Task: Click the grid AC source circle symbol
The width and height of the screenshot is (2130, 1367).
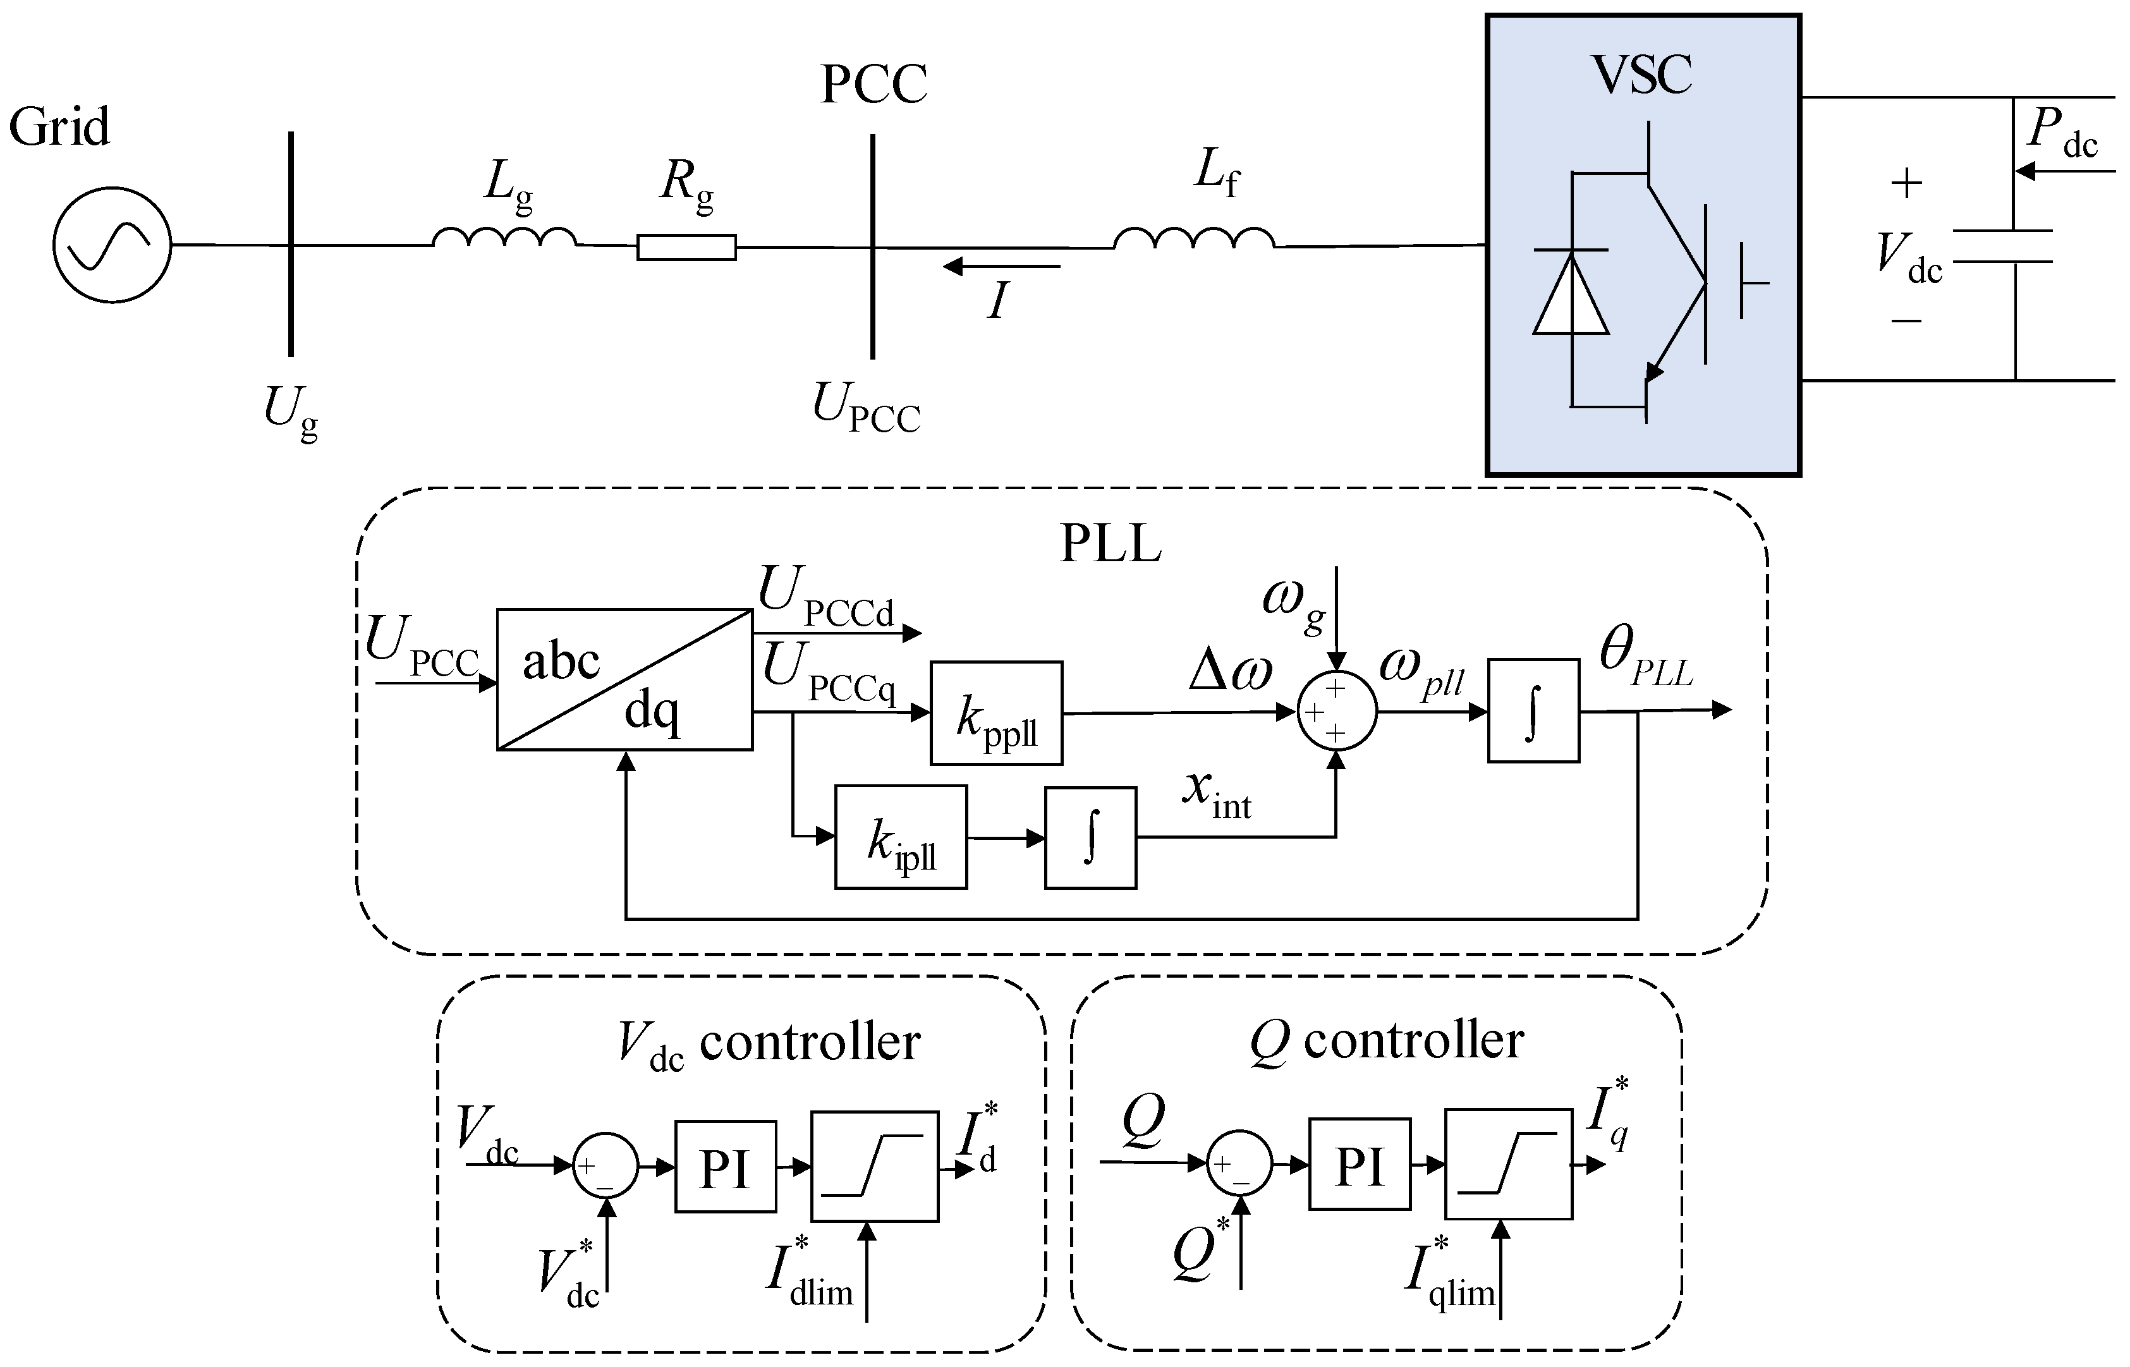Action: (112, 245)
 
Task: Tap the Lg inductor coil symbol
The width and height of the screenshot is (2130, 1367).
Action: (504, 237)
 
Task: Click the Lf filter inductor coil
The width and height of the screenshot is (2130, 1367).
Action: (1194, 238)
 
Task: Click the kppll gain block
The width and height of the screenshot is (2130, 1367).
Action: (995, 713)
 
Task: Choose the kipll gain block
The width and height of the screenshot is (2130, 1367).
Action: (900, 836)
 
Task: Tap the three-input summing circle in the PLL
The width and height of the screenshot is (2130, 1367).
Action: (1337, 711)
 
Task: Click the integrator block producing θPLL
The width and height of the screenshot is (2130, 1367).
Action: (1533, 710)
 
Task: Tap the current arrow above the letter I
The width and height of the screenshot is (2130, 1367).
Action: (1001, 266)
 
